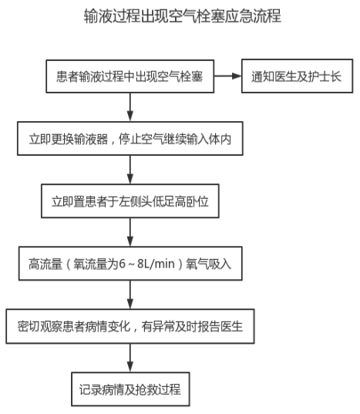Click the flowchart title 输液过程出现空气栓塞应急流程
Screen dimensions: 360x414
click(183, 16)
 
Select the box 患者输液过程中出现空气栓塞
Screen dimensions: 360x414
click(130, 76)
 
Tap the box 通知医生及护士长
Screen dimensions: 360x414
click(298, 76)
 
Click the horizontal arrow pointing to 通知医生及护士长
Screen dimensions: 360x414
click(227, 76)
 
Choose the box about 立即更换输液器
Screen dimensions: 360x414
click(130, 138)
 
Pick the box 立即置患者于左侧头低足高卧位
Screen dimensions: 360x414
click(130, 201)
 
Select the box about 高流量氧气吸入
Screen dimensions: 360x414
click(130, 264)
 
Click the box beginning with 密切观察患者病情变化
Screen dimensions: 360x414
click(130, 326)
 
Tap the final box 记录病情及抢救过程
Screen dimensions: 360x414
click(130, 389)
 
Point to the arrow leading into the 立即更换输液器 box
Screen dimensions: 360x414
click(130, 107)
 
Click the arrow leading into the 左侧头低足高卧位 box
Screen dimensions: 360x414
click(130, 170)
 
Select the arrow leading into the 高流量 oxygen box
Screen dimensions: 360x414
click(130, 232)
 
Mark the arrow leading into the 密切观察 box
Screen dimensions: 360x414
click(130, 295)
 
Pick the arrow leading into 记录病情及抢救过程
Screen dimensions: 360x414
click(130, 358)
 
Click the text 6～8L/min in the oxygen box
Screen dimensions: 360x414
click(147, 264)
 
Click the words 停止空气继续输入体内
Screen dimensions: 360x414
click(175, 139)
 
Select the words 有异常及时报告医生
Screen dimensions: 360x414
click(192, 327)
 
